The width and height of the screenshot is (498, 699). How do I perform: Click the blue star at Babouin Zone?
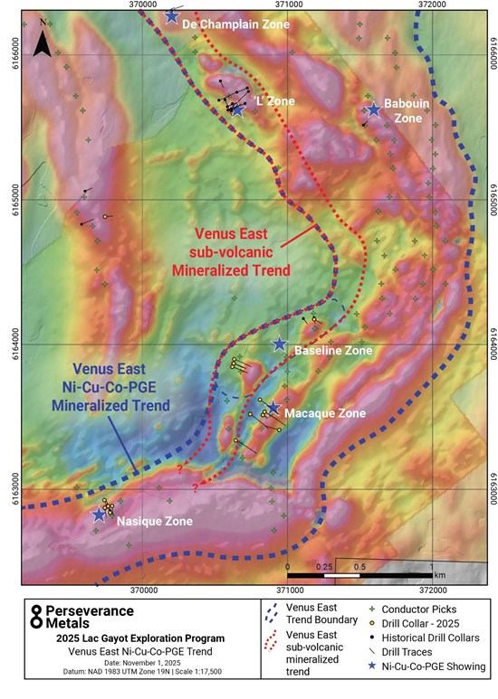click(373, 109)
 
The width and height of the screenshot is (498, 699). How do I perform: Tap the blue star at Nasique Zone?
click(100, 515)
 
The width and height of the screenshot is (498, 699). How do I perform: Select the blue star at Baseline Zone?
click(280, 345)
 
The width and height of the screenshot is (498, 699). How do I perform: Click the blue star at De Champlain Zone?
click(172, 15)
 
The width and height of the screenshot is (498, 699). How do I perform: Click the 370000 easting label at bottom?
click(144, 590)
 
